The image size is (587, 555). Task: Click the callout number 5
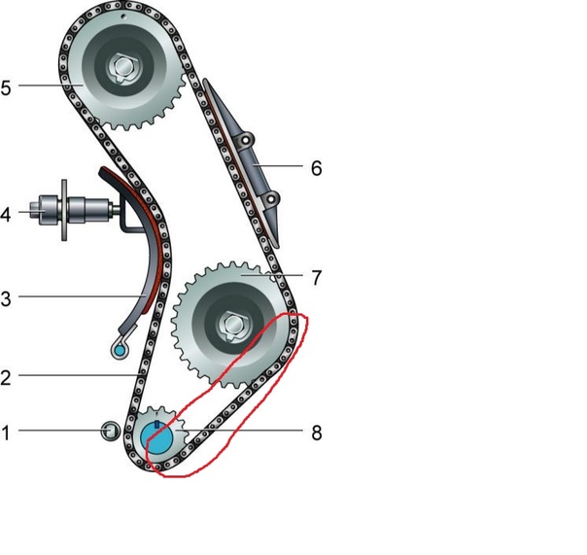tap(6, 88)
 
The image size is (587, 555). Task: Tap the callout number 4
tap(6, 215)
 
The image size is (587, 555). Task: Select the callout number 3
tap(6, 299)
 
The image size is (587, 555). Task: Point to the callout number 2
tap(6, 378)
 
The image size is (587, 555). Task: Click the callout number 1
tap(6, 433)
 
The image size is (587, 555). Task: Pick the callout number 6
tap(316, 168)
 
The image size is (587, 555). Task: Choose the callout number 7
tap(316, 278)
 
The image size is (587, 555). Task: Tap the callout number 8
tap(316, 433)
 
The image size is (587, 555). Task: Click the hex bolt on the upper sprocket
tap(122, 67)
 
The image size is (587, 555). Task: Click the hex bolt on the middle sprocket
tap(233, 325)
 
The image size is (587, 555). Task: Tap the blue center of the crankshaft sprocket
tap(156, 437)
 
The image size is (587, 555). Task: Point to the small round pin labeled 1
tap(111, 431)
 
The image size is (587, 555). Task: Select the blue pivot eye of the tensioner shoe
tap(120, 351)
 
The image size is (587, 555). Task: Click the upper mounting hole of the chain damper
tap(246, 140)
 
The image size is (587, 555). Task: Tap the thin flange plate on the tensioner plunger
tap(64, 210)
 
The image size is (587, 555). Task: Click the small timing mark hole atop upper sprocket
tap(122, 17)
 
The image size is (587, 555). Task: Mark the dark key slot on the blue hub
tap(156, 424)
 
